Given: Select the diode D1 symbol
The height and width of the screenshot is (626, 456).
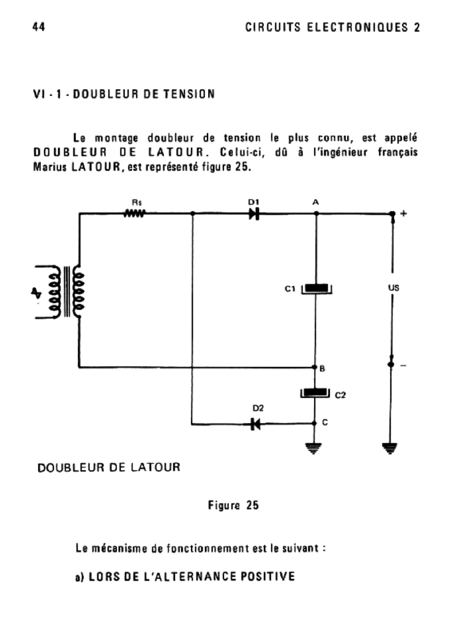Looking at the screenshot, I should click(x=254, y=213).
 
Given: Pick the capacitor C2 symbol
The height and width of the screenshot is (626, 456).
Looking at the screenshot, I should click(x=316, y=394).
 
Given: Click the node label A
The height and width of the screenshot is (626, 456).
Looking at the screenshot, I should click(x=316, y=201).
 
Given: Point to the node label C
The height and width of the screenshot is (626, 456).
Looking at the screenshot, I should click(x=325, y=422).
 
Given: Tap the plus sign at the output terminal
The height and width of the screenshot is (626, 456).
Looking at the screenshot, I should click(x=403, y=213).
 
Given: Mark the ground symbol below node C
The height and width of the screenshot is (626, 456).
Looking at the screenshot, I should click(x=316, y=449).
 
